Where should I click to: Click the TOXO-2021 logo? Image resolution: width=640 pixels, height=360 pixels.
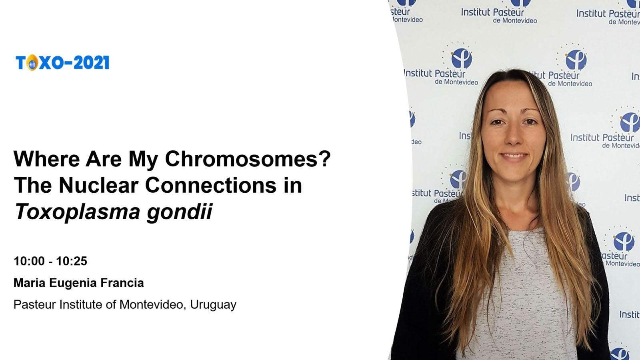coord(62,62)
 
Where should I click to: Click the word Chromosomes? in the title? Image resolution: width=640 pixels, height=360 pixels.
coord(248,159)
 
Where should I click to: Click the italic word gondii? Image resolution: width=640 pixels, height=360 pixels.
coord(180,212)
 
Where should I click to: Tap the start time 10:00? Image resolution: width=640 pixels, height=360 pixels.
coord(29,261)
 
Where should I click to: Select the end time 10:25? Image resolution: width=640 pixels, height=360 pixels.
coord(72,261)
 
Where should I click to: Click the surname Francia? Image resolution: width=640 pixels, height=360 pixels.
coord(122,283)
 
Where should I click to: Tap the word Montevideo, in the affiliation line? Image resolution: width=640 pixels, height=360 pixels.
coord(153,305)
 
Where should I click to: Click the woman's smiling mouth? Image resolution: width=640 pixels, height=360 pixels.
coord(514,156)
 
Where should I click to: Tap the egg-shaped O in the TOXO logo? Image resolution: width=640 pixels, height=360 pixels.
coord(32,62)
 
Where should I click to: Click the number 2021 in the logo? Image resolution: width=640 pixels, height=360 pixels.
coord(92,62)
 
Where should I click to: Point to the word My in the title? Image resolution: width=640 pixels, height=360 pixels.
coord(143,160)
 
